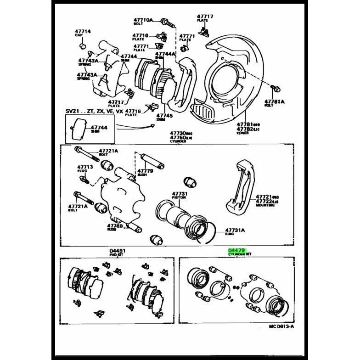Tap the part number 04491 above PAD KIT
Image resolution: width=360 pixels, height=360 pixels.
(118, 251)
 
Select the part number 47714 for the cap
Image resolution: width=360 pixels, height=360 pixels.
(83, 31)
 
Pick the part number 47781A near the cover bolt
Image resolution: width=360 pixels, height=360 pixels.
(274, 101)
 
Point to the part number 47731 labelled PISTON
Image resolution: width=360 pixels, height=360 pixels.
(180, 194)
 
